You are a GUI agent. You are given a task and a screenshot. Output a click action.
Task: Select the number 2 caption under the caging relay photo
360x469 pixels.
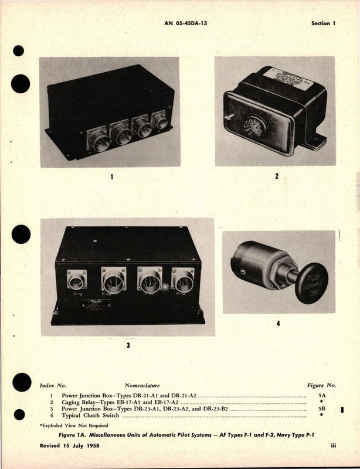click(277, 175)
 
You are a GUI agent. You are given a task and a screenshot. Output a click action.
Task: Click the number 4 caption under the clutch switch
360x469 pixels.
click(277, 323)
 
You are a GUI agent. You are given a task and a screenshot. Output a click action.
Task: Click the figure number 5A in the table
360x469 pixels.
click(320, 396)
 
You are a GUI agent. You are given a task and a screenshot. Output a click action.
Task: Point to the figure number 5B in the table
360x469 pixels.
click(320, 409)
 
